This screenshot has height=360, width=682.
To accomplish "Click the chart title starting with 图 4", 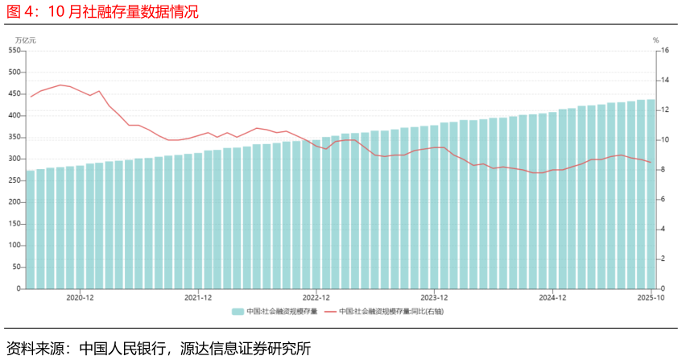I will [x=102, y=12].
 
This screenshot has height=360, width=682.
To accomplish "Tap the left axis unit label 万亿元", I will [x=25, y=40].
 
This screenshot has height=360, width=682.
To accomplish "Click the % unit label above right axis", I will [x=655, y=40].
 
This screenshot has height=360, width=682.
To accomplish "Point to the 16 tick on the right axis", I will [x=665, y=51].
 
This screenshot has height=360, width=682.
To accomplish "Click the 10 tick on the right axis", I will [x=665, y=140].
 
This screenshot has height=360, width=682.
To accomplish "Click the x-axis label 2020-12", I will [x=80, y=297].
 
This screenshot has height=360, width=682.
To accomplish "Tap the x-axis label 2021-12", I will [x=198, y=297].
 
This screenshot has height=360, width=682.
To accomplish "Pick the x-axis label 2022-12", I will [x=316, y=297].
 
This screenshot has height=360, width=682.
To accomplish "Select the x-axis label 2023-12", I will [x=434, y=297].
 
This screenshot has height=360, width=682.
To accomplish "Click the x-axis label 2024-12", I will [x=552, y=297].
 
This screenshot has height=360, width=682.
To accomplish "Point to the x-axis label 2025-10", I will [x=650, y=297].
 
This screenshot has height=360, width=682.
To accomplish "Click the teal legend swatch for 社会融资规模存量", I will [x=238, y=311].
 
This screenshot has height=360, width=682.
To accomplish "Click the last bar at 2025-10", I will [x=651, y=193].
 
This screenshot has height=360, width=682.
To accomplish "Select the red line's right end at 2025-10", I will [x=651, y=163].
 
